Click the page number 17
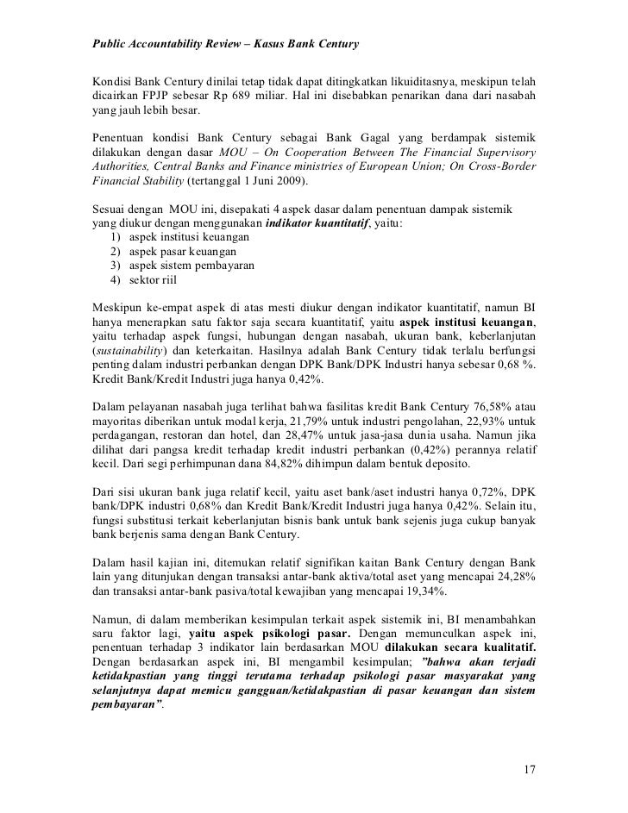(529, 767)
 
